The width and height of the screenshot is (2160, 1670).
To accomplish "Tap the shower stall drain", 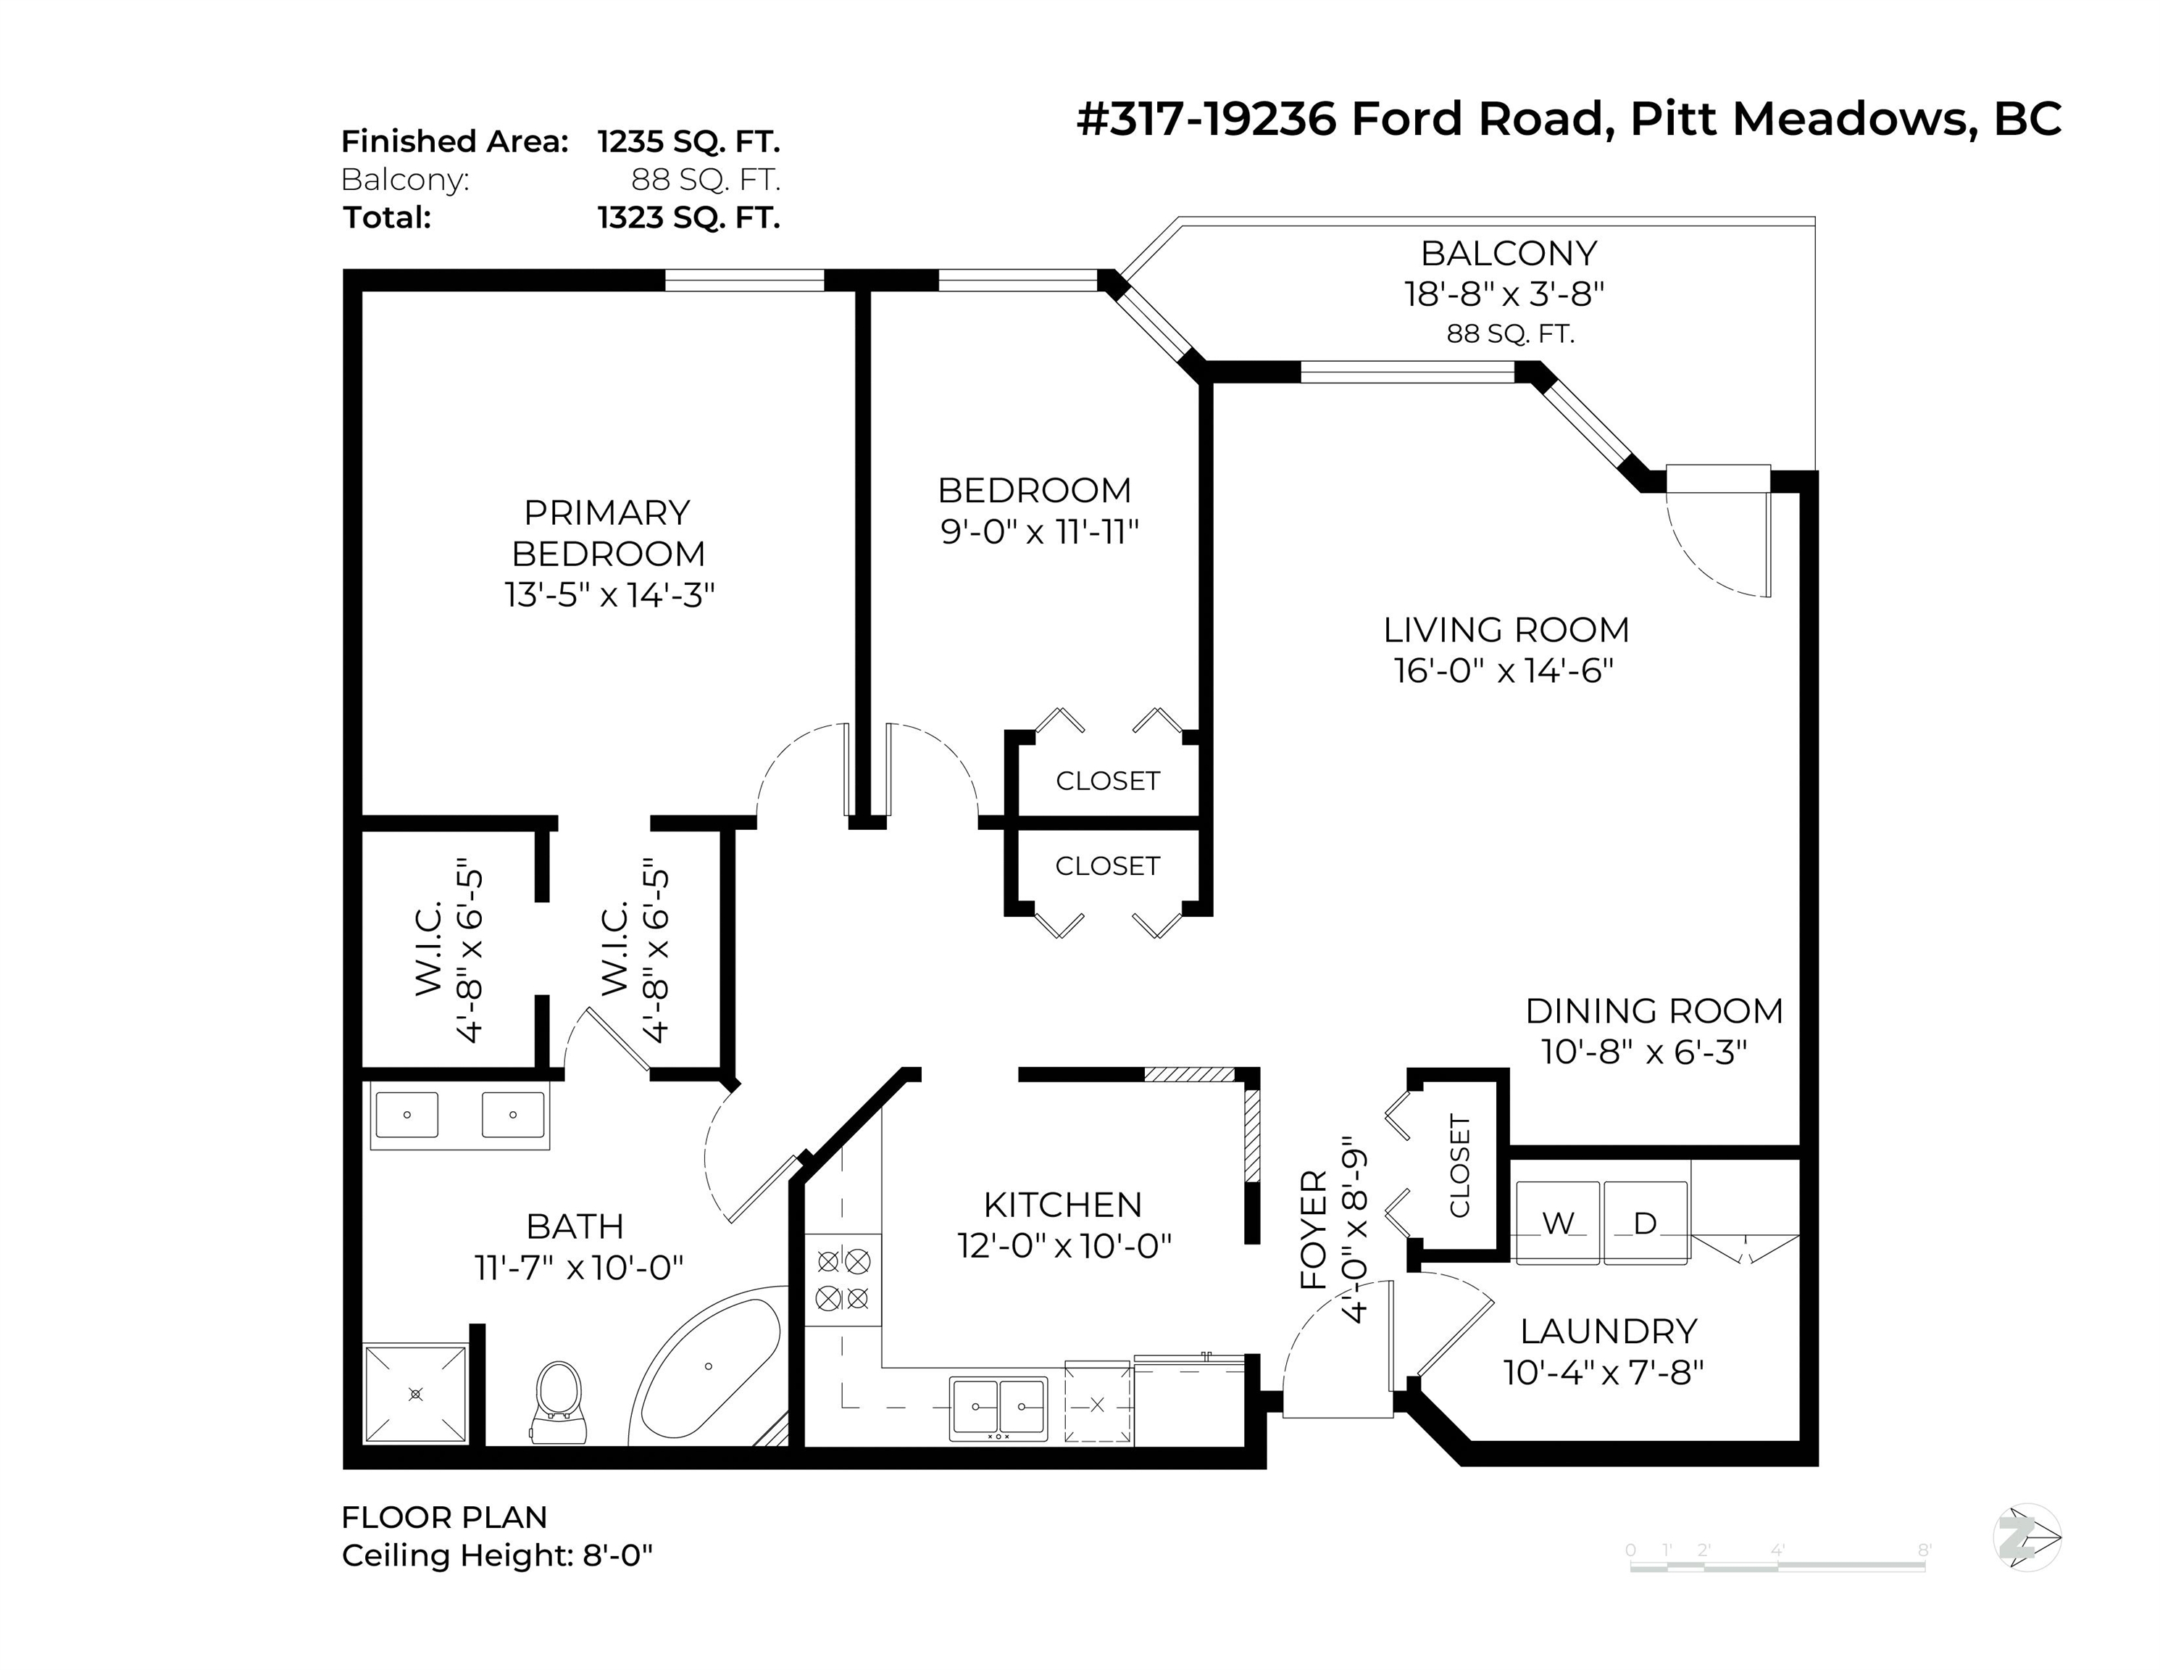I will (415, 1394).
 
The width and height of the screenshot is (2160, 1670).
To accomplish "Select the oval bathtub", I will (708, 1367).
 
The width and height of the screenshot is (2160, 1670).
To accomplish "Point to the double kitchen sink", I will (998, 1407).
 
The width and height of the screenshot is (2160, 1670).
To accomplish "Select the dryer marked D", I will (1645, 1223).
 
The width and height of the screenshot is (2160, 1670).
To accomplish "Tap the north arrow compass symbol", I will (2025, 1537).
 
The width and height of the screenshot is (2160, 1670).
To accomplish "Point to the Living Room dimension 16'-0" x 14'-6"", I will (1504, 670).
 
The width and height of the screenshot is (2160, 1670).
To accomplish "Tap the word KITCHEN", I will (1062, 1204).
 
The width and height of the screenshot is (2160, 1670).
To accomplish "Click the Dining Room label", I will (1654, 1010).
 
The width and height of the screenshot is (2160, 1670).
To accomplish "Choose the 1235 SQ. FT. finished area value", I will (688, 141).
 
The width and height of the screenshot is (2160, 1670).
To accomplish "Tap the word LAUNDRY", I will (1608, 1331).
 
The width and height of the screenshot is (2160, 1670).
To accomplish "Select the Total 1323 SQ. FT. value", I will (688, 217).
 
